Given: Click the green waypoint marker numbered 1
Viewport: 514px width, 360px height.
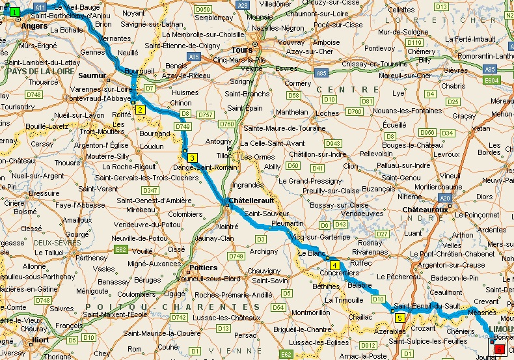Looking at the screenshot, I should (15, 12).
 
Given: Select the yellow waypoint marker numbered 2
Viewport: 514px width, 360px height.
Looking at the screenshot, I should (140, 109).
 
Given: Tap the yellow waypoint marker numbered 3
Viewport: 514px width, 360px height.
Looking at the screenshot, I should (192, 158).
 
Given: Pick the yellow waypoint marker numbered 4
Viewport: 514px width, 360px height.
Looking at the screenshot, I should (334, 265).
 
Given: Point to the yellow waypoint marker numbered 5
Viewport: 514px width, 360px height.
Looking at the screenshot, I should (399, 318).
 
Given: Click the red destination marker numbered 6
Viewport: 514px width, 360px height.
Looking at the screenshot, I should (498, 350).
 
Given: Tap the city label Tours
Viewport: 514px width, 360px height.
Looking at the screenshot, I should (242, 49).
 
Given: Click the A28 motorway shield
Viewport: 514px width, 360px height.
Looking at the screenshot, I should (243, 5).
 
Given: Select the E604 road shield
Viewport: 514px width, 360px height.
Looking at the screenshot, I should (491, 80).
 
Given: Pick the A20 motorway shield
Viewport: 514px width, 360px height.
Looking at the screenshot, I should (445, 198).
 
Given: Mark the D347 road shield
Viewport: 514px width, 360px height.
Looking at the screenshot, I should (150, 189).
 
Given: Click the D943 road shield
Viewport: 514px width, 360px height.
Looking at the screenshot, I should (333, 143).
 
